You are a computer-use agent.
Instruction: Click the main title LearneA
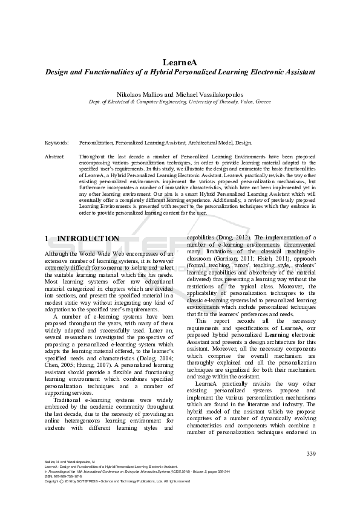tap(180, 62)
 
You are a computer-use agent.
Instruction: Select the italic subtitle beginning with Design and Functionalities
tap(180, 72)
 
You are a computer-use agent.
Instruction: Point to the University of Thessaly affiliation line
tap(180, 103)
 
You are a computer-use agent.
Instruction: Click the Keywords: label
tap(56, 143)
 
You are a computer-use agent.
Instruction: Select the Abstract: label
tap(55, 156)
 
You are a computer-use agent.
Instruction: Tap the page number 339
tap(311, 454)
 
